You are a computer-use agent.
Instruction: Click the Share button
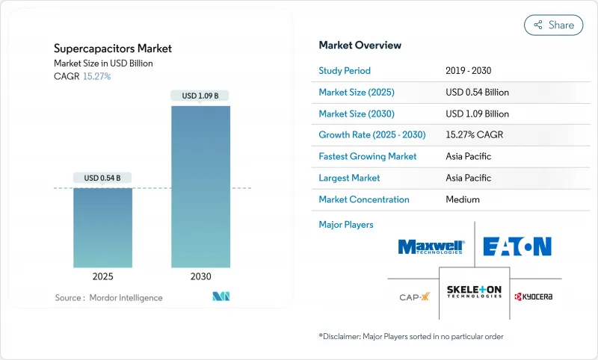[553, 25]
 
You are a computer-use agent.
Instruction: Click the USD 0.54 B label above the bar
[102, 178]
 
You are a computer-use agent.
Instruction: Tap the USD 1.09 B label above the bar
[200, 96]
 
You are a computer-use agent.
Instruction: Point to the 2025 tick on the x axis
[102, 276]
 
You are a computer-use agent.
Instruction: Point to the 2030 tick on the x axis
[200, 276]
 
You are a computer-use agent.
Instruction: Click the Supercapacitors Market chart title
[113, 49]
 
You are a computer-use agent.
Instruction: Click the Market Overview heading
[360, 46]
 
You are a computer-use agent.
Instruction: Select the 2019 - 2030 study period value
[469, 71]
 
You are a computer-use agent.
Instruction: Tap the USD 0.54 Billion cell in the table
[477, 93]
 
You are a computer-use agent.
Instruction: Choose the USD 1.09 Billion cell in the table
[477, 114]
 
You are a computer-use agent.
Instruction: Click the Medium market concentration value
[462, 200]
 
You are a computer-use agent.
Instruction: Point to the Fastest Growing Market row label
[368, 157]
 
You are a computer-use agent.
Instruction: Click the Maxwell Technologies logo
[431, 247]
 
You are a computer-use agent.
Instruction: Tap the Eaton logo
[517, 246]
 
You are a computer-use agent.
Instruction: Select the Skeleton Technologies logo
[474, 291]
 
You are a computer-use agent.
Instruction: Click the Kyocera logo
[534, 297]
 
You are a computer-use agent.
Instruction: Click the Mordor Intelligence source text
[108, 298]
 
